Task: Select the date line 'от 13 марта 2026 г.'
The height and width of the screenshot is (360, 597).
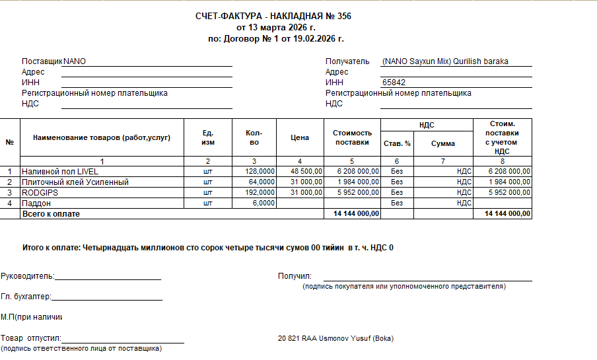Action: (x=276, y=28)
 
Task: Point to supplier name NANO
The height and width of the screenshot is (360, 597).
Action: (x=75, y=61)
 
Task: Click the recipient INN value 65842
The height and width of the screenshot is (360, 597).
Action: (x=394, y=83)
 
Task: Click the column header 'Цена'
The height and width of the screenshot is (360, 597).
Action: (x=300, y=137)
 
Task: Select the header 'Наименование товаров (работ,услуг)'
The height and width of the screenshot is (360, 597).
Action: (x=102, y=137)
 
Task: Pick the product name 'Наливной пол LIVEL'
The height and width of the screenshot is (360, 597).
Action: (x=60, y=172)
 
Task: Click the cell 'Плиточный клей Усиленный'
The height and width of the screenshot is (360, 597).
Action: (x=75, y=182)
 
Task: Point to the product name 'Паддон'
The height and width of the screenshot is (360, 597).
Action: (x=37, y=203)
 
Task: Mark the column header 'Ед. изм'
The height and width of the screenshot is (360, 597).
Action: (x=208, y=137)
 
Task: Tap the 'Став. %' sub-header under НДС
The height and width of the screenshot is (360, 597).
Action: (x=397, y=143)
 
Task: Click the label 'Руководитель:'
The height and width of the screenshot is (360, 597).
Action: (x=28, y=276)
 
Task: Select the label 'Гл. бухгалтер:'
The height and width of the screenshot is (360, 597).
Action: (x=26, y=297)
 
